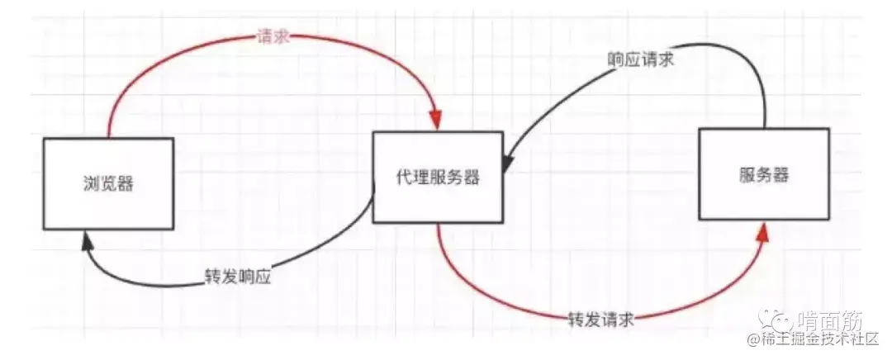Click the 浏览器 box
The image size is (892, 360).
108,183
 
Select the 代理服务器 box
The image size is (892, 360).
438,177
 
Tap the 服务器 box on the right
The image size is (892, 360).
763,173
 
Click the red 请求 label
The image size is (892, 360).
273,38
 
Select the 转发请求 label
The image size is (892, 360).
600,318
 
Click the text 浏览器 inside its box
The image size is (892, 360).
108,183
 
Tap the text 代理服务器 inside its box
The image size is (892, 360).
438,177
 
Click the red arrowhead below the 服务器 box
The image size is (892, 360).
764,231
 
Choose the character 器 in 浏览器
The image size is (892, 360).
126,183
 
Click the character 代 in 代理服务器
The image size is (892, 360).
404,177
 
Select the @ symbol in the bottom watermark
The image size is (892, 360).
753,339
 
